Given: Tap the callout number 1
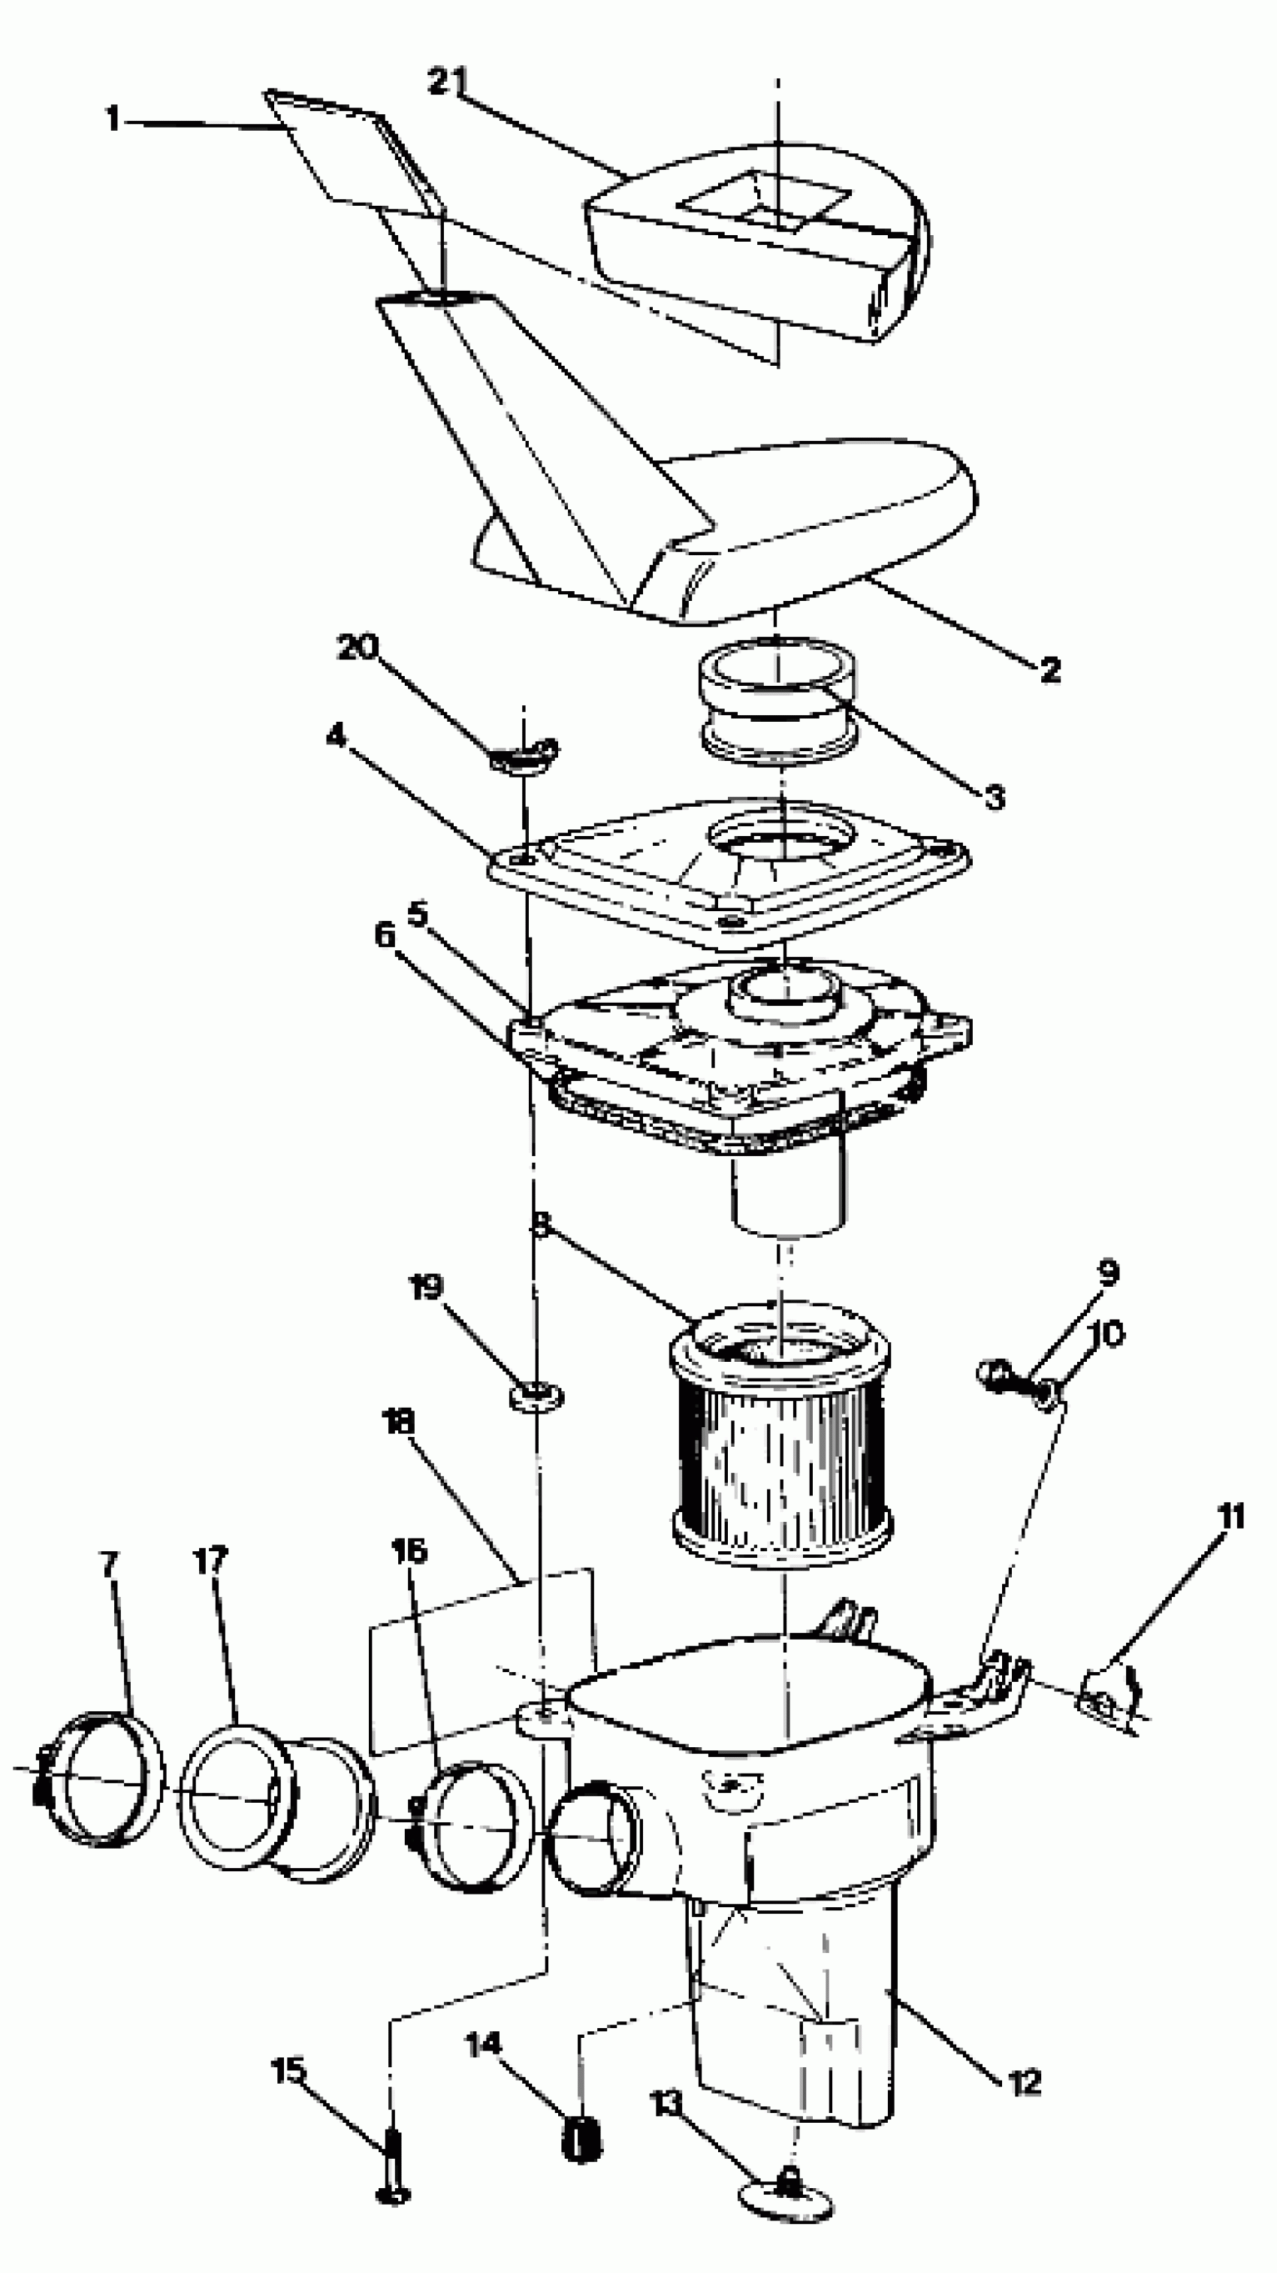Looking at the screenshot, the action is coord(112,118).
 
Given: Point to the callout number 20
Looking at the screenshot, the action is coord(358,647).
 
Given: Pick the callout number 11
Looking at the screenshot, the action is coord(1230,1516).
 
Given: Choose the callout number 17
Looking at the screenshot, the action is coord(210,1560).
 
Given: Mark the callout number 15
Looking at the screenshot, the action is coord(288,2069).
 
